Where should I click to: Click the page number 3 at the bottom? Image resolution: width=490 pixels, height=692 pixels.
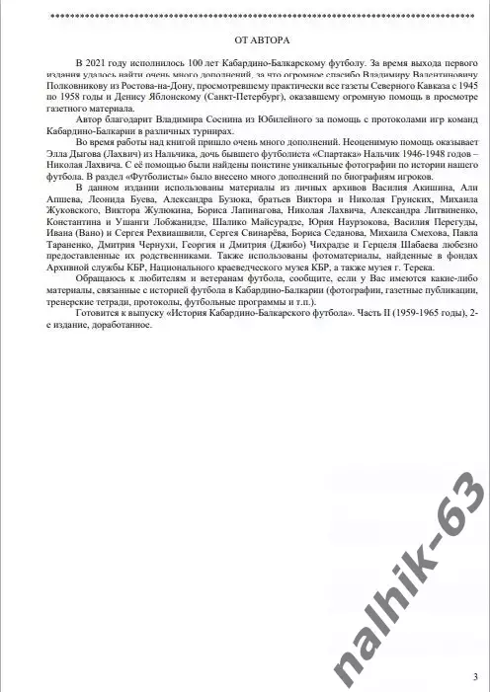coord(475,676)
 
